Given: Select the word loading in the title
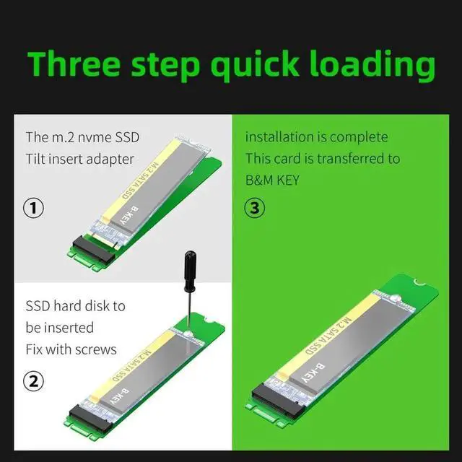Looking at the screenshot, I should [x=376, y=65].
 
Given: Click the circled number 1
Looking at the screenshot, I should [x=35, y=209].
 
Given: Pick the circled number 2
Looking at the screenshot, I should [x=35, y=380].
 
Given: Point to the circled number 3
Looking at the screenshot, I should [x=255, y=209].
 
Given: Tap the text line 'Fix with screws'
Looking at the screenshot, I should [x=71, y=349].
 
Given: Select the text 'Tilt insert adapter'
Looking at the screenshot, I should [x=79, y=159].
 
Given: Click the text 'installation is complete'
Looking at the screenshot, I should [x=316, y=137].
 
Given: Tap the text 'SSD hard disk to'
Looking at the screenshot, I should [x=75, y=306].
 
